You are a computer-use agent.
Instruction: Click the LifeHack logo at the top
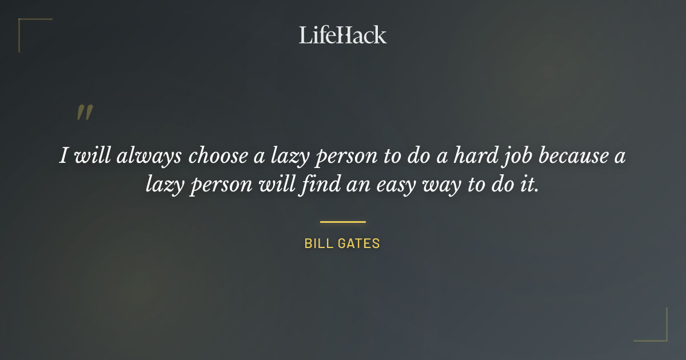click(342, 35)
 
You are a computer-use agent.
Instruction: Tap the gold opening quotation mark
click(85, 113)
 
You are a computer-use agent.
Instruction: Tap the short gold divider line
click(342, 222)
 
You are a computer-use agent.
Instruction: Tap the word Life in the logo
click(316, 35)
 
